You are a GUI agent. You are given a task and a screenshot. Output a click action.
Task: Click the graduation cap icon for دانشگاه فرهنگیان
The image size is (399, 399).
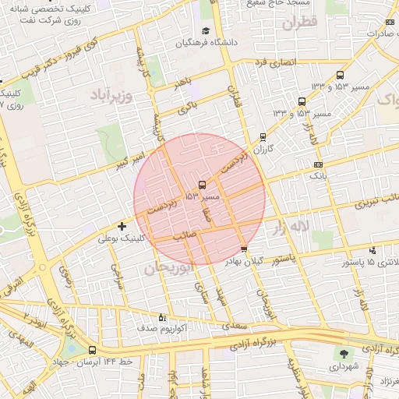tap(206, 30)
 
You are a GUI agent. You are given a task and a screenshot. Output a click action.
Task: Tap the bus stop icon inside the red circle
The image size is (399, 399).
tap(203, 185)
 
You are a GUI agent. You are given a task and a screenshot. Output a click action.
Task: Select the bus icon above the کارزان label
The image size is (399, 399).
tap(263, 137)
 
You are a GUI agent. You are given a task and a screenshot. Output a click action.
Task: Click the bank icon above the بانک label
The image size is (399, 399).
tap(317, 164)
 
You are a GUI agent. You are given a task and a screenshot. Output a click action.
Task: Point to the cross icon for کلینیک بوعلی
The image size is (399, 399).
tap(122, 226)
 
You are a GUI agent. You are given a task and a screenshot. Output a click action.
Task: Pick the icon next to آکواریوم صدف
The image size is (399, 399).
tap(162, 317)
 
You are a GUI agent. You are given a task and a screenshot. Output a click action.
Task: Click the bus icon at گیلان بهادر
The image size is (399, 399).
tap(244, 250)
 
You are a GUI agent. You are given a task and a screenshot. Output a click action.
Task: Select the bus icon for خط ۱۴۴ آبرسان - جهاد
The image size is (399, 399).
tap(93, 350)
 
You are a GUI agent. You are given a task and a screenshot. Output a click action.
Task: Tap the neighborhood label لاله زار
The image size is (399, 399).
tap(291, 227)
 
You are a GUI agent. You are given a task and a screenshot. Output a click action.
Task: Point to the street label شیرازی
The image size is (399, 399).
tap(118, 277)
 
